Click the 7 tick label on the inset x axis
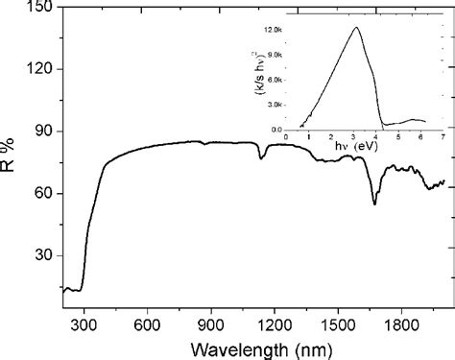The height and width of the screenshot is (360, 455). click(x=443, y=138)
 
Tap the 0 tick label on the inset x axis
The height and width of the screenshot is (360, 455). click(x=286, y=138)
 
